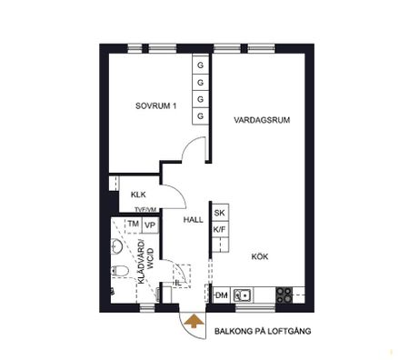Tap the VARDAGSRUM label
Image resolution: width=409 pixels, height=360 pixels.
[x=261, y=120]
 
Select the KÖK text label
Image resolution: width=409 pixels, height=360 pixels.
[x=261, y=257]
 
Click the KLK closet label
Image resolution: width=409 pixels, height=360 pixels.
[x=138, y=195]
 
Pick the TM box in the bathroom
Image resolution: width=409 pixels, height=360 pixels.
[x=133, y=225]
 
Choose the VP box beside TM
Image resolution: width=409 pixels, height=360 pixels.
[x=150, y=225]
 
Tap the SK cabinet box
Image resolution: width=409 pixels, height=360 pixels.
[x=219, y=214]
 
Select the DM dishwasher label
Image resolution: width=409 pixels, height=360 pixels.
[x=220, y=295]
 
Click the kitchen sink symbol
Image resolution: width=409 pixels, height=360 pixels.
[x=242, y=294]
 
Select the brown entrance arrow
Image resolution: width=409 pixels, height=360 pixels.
[x=193, y=319]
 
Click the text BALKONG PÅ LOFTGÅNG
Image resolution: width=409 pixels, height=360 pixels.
[x=264, y=333]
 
